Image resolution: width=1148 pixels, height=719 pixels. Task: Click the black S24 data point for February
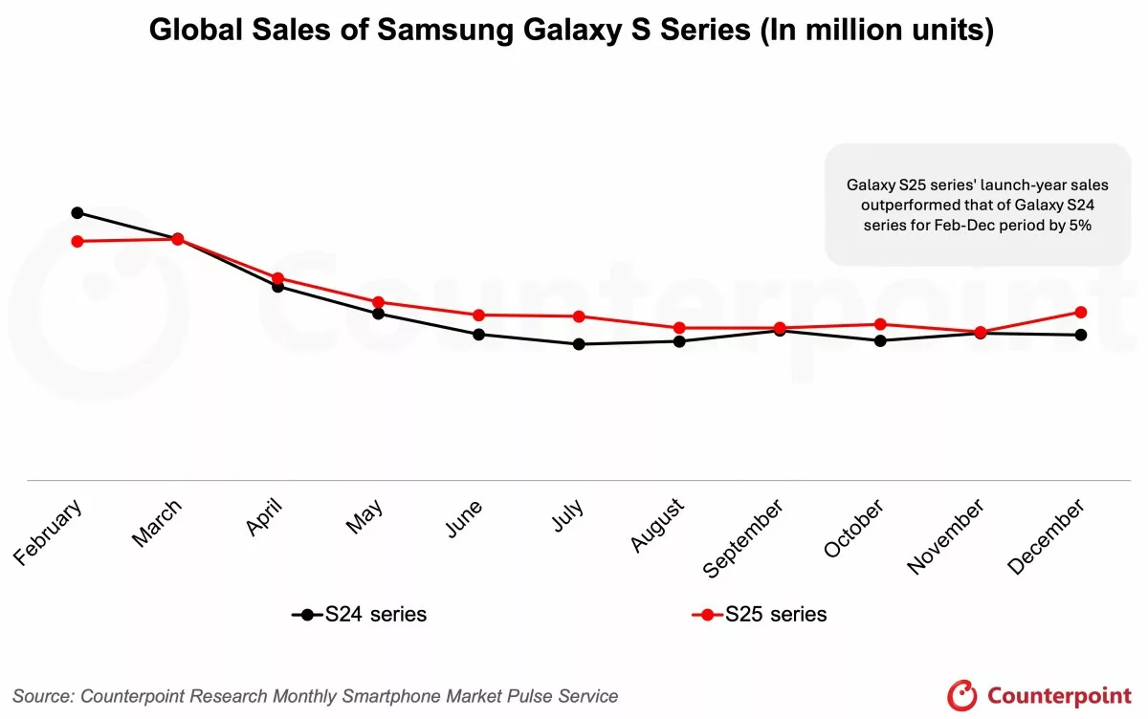coord(77,212)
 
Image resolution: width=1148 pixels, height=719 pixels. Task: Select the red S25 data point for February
coord(77,241)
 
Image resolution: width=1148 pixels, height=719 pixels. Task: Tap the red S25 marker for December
coord(1081,312)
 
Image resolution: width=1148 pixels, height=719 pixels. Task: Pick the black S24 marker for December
coord(1081,335)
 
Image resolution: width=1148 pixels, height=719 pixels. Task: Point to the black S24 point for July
coord(579,344)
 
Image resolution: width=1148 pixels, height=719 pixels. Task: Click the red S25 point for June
coord(478,315)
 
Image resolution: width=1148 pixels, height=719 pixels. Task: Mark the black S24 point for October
coord(880,340)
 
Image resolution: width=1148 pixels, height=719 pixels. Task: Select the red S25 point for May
coord(378,302)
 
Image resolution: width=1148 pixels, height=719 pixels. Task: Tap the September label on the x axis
coord(743,538)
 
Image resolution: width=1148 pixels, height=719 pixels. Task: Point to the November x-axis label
coord(945,536)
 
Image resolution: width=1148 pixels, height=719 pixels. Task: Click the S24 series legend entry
coord(360,615)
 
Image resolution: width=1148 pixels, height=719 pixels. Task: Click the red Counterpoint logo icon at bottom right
coord(962,695)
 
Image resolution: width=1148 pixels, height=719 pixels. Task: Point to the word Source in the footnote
coord(43,696)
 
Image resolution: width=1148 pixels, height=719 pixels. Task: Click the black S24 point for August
coord(679,341)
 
